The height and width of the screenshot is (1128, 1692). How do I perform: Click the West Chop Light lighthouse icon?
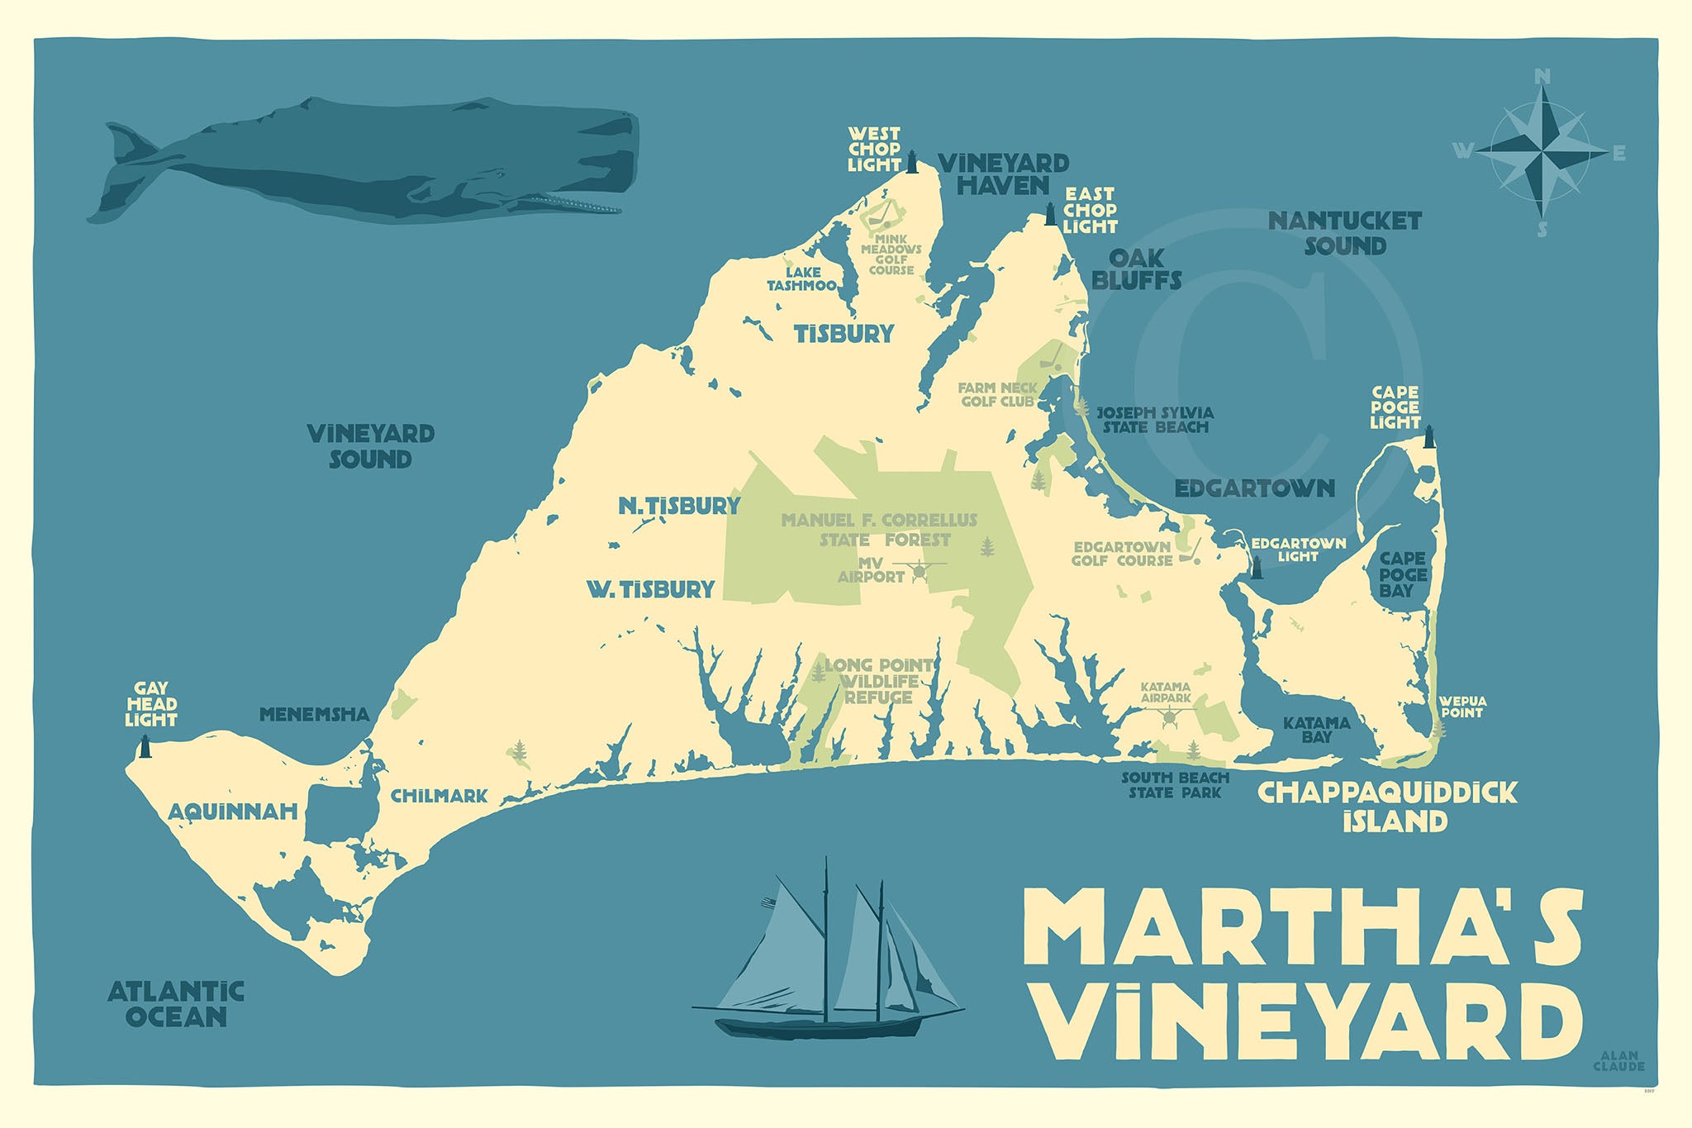point(913,162)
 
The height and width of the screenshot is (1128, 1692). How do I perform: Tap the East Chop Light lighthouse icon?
point(1051,214)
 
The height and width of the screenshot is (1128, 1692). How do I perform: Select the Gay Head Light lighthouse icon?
point(145,746)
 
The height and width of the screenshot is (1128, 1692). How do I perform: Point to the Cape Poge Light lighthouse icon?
point(1428,436)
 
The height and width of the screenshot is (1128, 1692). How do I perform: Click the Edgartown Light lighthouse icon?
point(1257,567)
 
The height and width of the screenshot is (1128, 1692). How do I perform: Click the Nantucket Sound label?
point(1344,233)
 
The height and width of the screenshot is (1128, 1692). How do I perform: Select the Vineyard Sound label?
point(370,446)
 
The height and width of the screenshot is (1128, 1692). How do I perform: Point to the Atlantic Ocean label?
point(176,1003)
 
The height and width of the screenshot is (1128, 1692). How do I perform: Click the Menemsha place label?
point(314,715)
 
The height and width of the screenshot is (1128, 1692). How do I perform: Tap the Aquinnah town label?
point(233,812)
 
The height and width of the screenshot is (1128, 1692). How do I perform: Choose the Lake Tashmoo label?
point(801,279)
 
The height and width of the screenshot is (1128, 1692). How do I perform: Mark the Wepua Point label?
point(1461,707)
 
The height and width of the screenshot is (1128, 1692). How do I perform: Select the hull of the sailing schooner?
point(818,1026)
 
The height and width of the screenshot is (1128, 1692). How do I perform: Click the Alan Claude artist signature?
point(1618,1061)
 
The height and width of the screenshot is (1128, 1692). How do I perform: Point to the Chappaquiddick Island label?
point(1388,807)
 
